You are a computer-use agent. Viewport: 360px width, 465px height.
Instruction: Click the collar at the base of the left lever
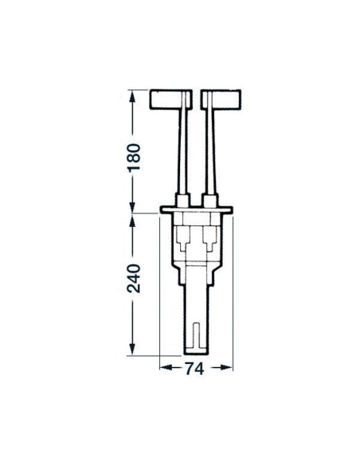tap(184, 198)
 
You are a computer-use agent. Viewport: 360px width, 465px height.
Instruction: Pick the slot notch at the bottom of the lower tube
tap(197, 334)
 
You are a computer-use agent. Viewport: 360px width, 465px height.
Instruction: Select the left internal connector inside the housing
tap(185, 237)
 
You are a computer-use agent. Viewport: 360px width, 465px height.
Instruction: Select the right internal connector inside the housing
tap(209, 237)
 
